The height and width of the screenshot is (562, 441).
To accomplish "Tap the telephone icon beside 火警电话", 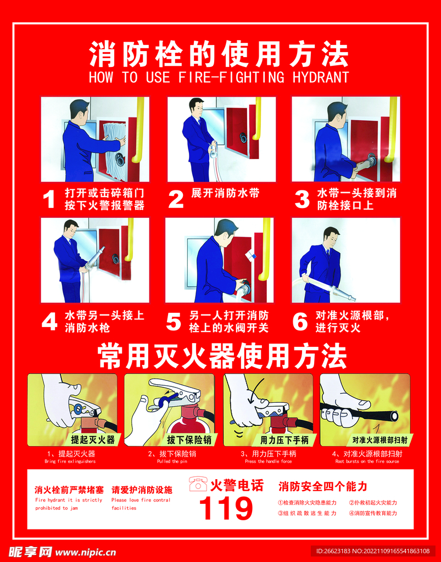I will pyautogui.click(x=198, y=484).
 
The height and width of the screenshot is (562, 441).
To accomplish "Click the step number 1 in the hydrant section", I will pyautogui.click(x=49, y=199).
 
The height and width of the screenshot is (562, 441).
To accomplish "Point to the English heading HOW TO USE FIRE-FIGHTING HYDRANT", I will pyautogui.click(x=219, y=77).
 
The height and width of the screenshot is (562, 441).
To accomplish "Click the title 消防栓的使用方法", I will pyautogui.click(x=219, y=54).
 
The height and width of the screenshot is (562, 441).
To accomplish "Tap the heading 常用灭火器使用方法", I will pyautogui.click(x=222, y=357).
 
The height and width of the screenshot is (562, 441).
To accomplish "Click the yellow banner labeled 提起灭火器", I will pyautogui.click(x=92, y=440).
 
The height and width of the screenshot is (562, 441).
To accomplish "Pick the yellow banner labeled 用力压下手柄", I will pyautogui.click(x=284, y=440).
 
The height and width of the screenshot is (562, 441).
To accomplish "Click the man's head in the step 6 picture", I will pyautogui.click(x=331, y=237).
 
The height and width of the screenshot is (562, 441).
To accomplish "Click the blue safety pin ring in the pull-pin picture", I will pyautogui.click(x=162, y=401).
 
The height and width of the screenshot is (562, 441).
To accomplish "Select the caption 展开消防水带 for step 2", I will pyautogui.click(x=225, y=193).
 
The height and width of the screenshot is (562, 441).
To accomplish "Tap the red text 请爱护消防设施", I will pyautogui.click(x=142, y=490).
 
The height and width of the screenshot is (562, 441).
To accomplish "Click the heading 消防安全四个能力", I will pyautogui.click(x=323, y=486).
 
